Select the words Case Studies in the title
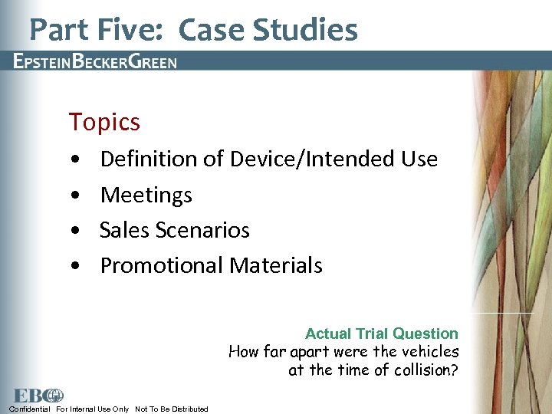pos(268,30)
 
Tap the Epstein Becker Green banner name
pos(95,62)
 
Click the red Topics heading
pos(104,122)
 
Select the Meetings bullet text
pos(146,195)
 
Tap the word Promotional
pos(162,266)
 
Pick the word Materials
pos(276,266)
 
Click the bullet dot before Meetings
pos(73,195)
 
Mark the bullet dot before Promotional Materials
pos(73,266)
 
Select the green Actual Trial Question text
pos(381,333)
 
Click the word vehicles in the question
pos(426,352)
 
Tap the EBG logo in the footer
pos(36,396)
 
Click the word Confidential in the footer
pos(30,409)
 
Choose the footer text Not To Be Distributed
pos(171,409)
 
